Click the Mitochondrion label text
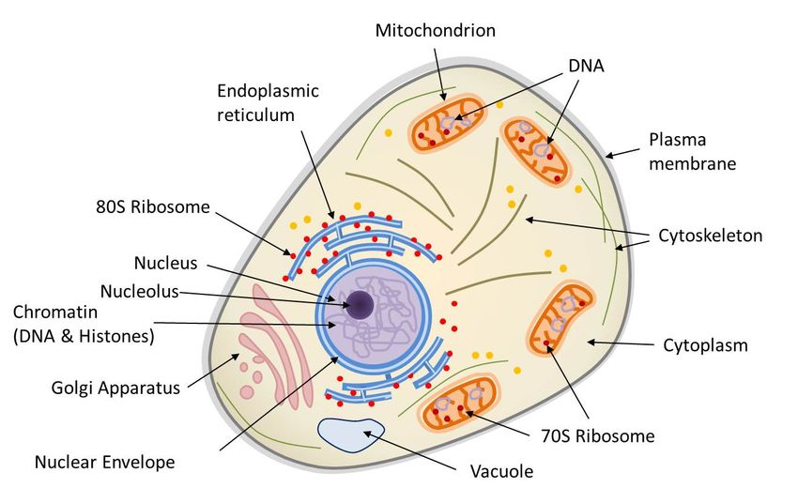(x=435, y=30)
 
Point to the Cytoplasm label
(x=706, y=345)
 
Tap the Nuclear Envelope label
(x=104, y=462)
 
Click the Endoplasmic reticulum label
(x=268, y=102)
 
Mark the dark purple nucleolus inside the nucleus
(x=360, y=304)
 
